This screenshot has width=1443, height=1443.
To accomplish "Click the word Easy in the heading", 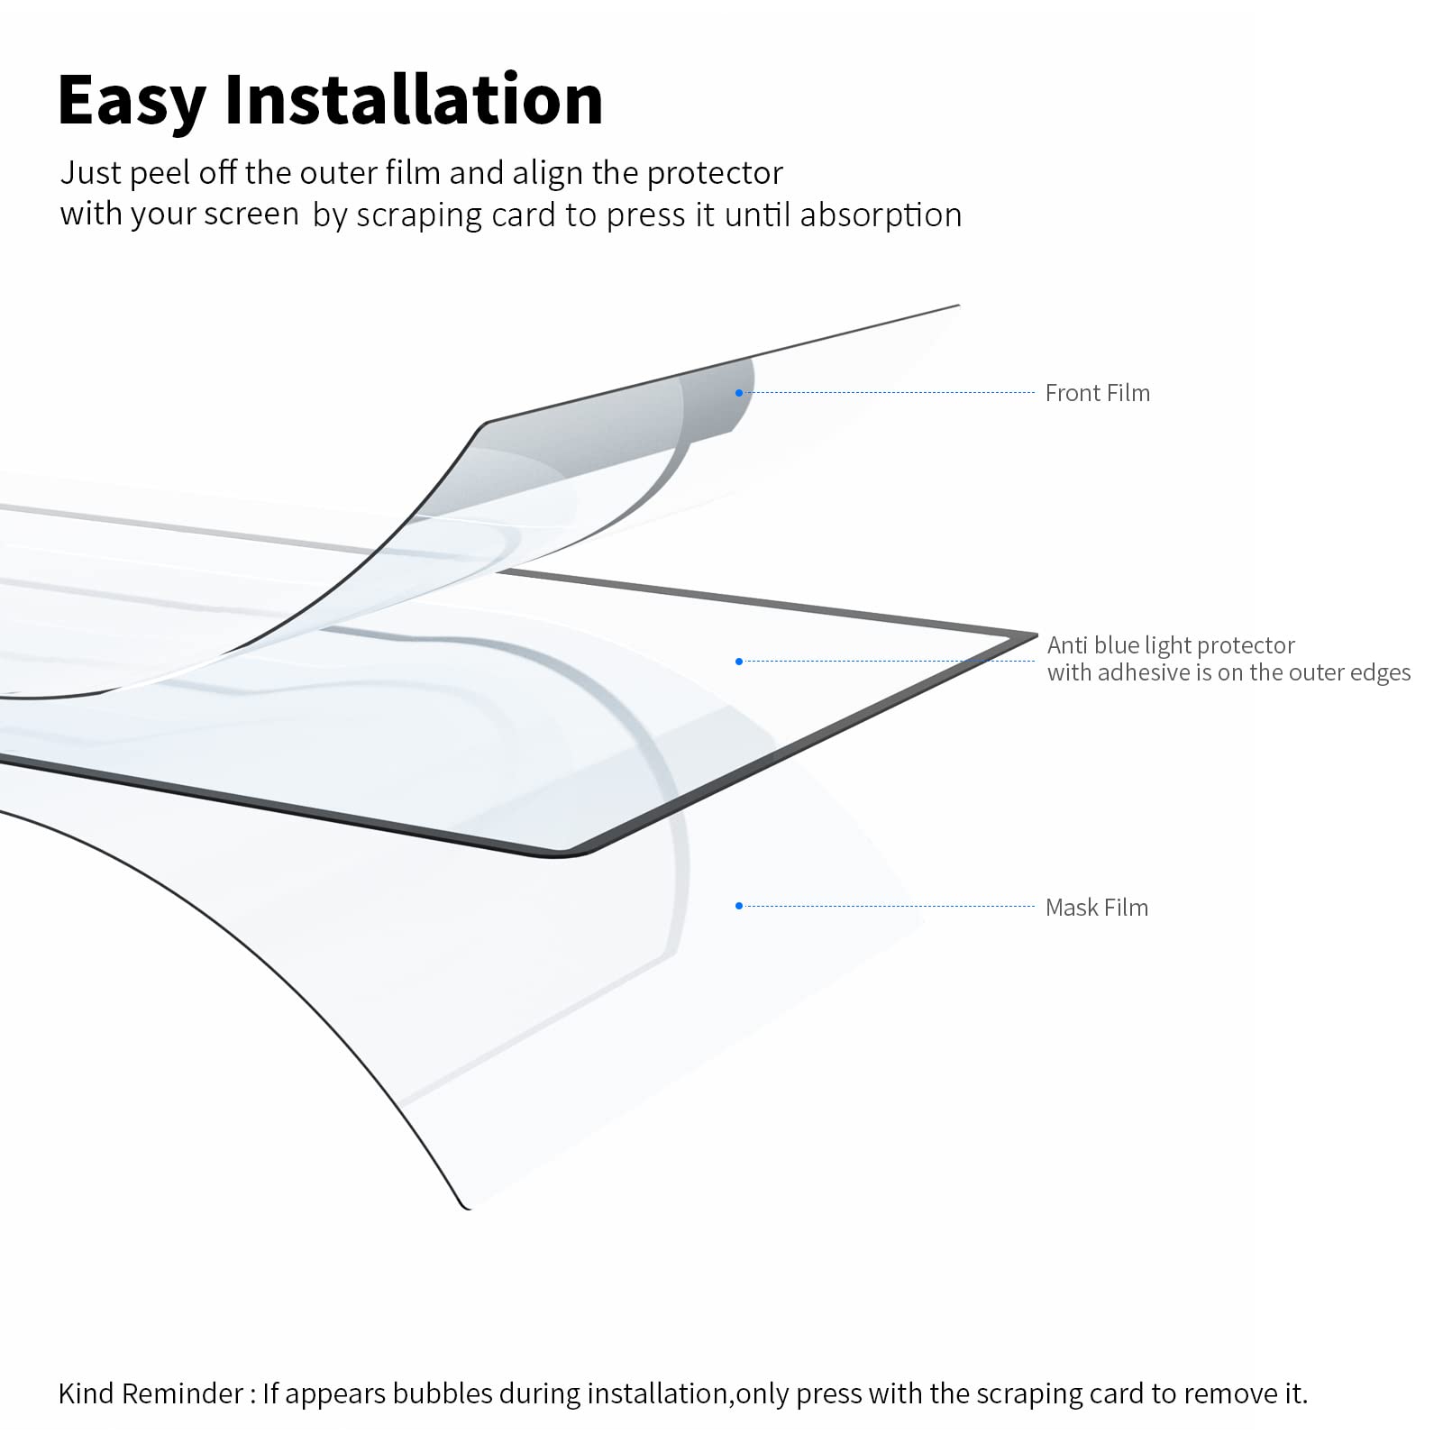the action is (132, 101).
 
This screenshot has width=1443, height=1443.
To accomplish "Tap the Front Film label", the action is (1097, 393).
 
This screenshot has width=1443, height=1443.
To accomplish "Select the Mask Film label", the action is (1096, 908).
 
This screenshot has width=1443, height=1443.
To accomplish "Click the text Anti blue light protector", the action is (1171, 645).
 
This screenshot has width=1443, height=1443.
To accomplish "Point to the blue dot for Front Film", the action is (739, 393).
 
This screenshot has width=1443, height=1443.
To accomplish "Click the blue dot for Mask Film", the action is (739, 906).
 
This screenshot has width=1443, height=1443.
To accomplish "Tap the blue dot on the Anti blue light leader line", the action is (739, 662).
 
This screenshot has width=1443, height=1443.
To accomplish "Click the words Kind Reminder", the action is (150, 1393).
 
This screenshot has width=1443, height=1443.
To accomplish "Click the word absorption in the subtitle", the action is (881, 215).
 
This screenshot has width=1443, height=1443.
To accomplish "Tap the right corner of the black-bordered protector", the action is (1036, 635).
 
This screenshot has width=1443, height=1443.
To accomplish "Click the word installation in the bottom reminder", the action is (658, 1393).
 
